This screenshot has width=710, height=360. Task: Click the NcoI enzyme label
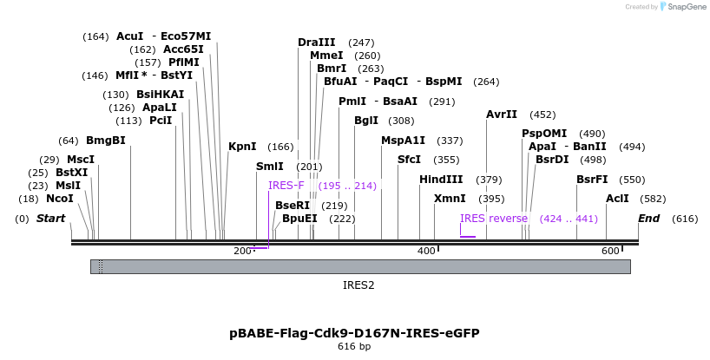tap(60, 199)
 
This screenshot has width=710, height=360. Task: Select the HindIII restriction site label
tap(441, 180)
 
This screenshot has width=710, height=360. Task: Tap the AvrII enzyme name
tap(502, 115)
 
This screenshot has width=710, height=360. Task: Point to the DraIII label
tap(316, 42)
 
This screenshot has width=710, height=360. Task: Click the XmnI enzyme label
tap(450, 199)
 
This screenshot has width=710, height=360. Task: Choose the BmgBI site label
tap(105, 141)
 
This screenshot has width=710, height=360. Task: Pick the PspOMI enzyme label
tap(544, 134)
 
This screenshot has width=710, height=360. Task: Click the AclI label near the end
tap(617, 199)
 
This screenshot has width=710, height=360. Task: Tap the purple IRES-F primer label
tap(286, 186)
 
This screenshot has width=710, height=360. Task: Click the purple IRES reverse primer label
tap(494, 219)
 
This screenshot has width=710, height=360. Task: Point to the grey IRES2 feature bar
tap(360, 266)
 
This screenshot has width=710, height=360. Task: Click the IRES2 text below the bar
tap(358, 285)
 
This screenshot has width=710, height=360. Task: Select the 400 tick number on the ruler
tap(426, 252)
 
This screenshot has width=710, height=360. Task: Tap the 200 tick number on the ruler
tap(242, 252)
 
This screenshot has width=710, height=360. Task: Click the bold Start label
tap(50, 219)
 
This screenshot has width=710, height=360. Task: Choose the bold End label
tap(649, 219)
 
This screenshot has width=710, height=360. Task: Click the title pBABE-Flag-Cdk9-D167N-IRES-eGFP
tap(354, 333)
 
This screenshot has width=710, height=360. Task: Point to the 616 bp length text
tap(354, 347)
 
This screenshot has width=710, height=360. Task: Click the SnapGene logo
tap(680, 7)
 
